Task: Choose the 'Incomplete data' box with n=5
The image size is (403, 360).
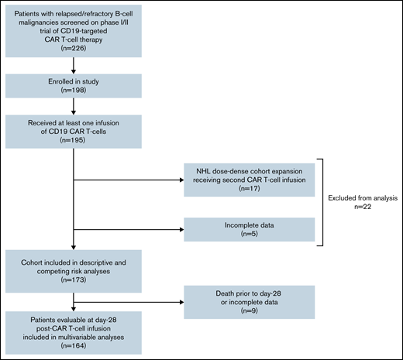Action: coord(249,229)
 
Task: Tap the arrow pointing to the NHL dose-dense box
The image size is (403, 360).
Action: coord(128,182)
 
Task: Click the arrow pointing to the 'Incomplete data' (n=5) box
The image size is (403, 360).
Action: coord(128,229)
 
